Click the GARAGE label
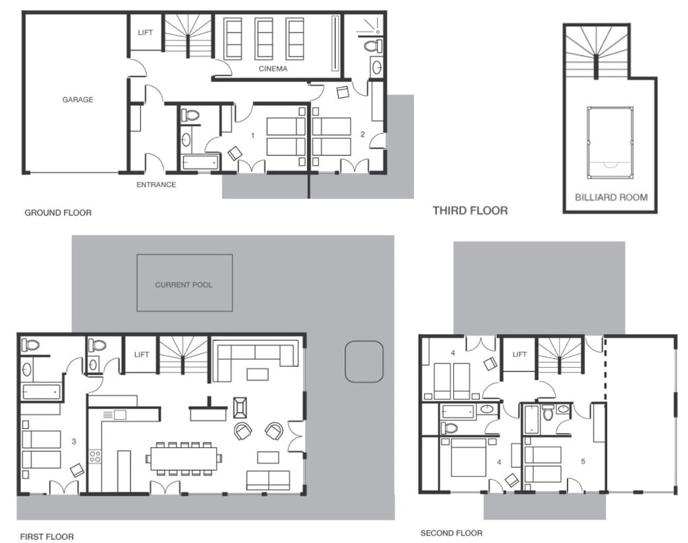[77, 100]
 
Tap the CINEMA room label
[273, 69]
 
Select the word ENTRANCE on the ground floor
[156, 185]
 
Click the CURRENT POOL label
[184, 285]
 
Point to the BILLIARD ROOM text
[611, 197]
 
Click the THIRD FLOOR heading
[471, 211]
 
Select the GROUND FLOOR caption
[58, 213]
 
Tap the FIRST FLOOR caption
[47, 536]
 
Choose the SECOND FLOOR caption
[452, 534]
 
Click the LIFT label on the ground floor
[145, 32]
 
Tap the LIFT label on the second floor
[520, 354]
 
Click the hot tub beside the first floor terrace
[364, 361]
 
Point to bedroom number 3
[74, 441]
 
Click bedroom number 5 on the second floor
[583, 461]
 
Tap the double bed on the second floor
[469, 457]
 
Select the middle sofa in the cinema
[264, 38]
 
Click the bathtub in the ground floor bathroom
[200, 162]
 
